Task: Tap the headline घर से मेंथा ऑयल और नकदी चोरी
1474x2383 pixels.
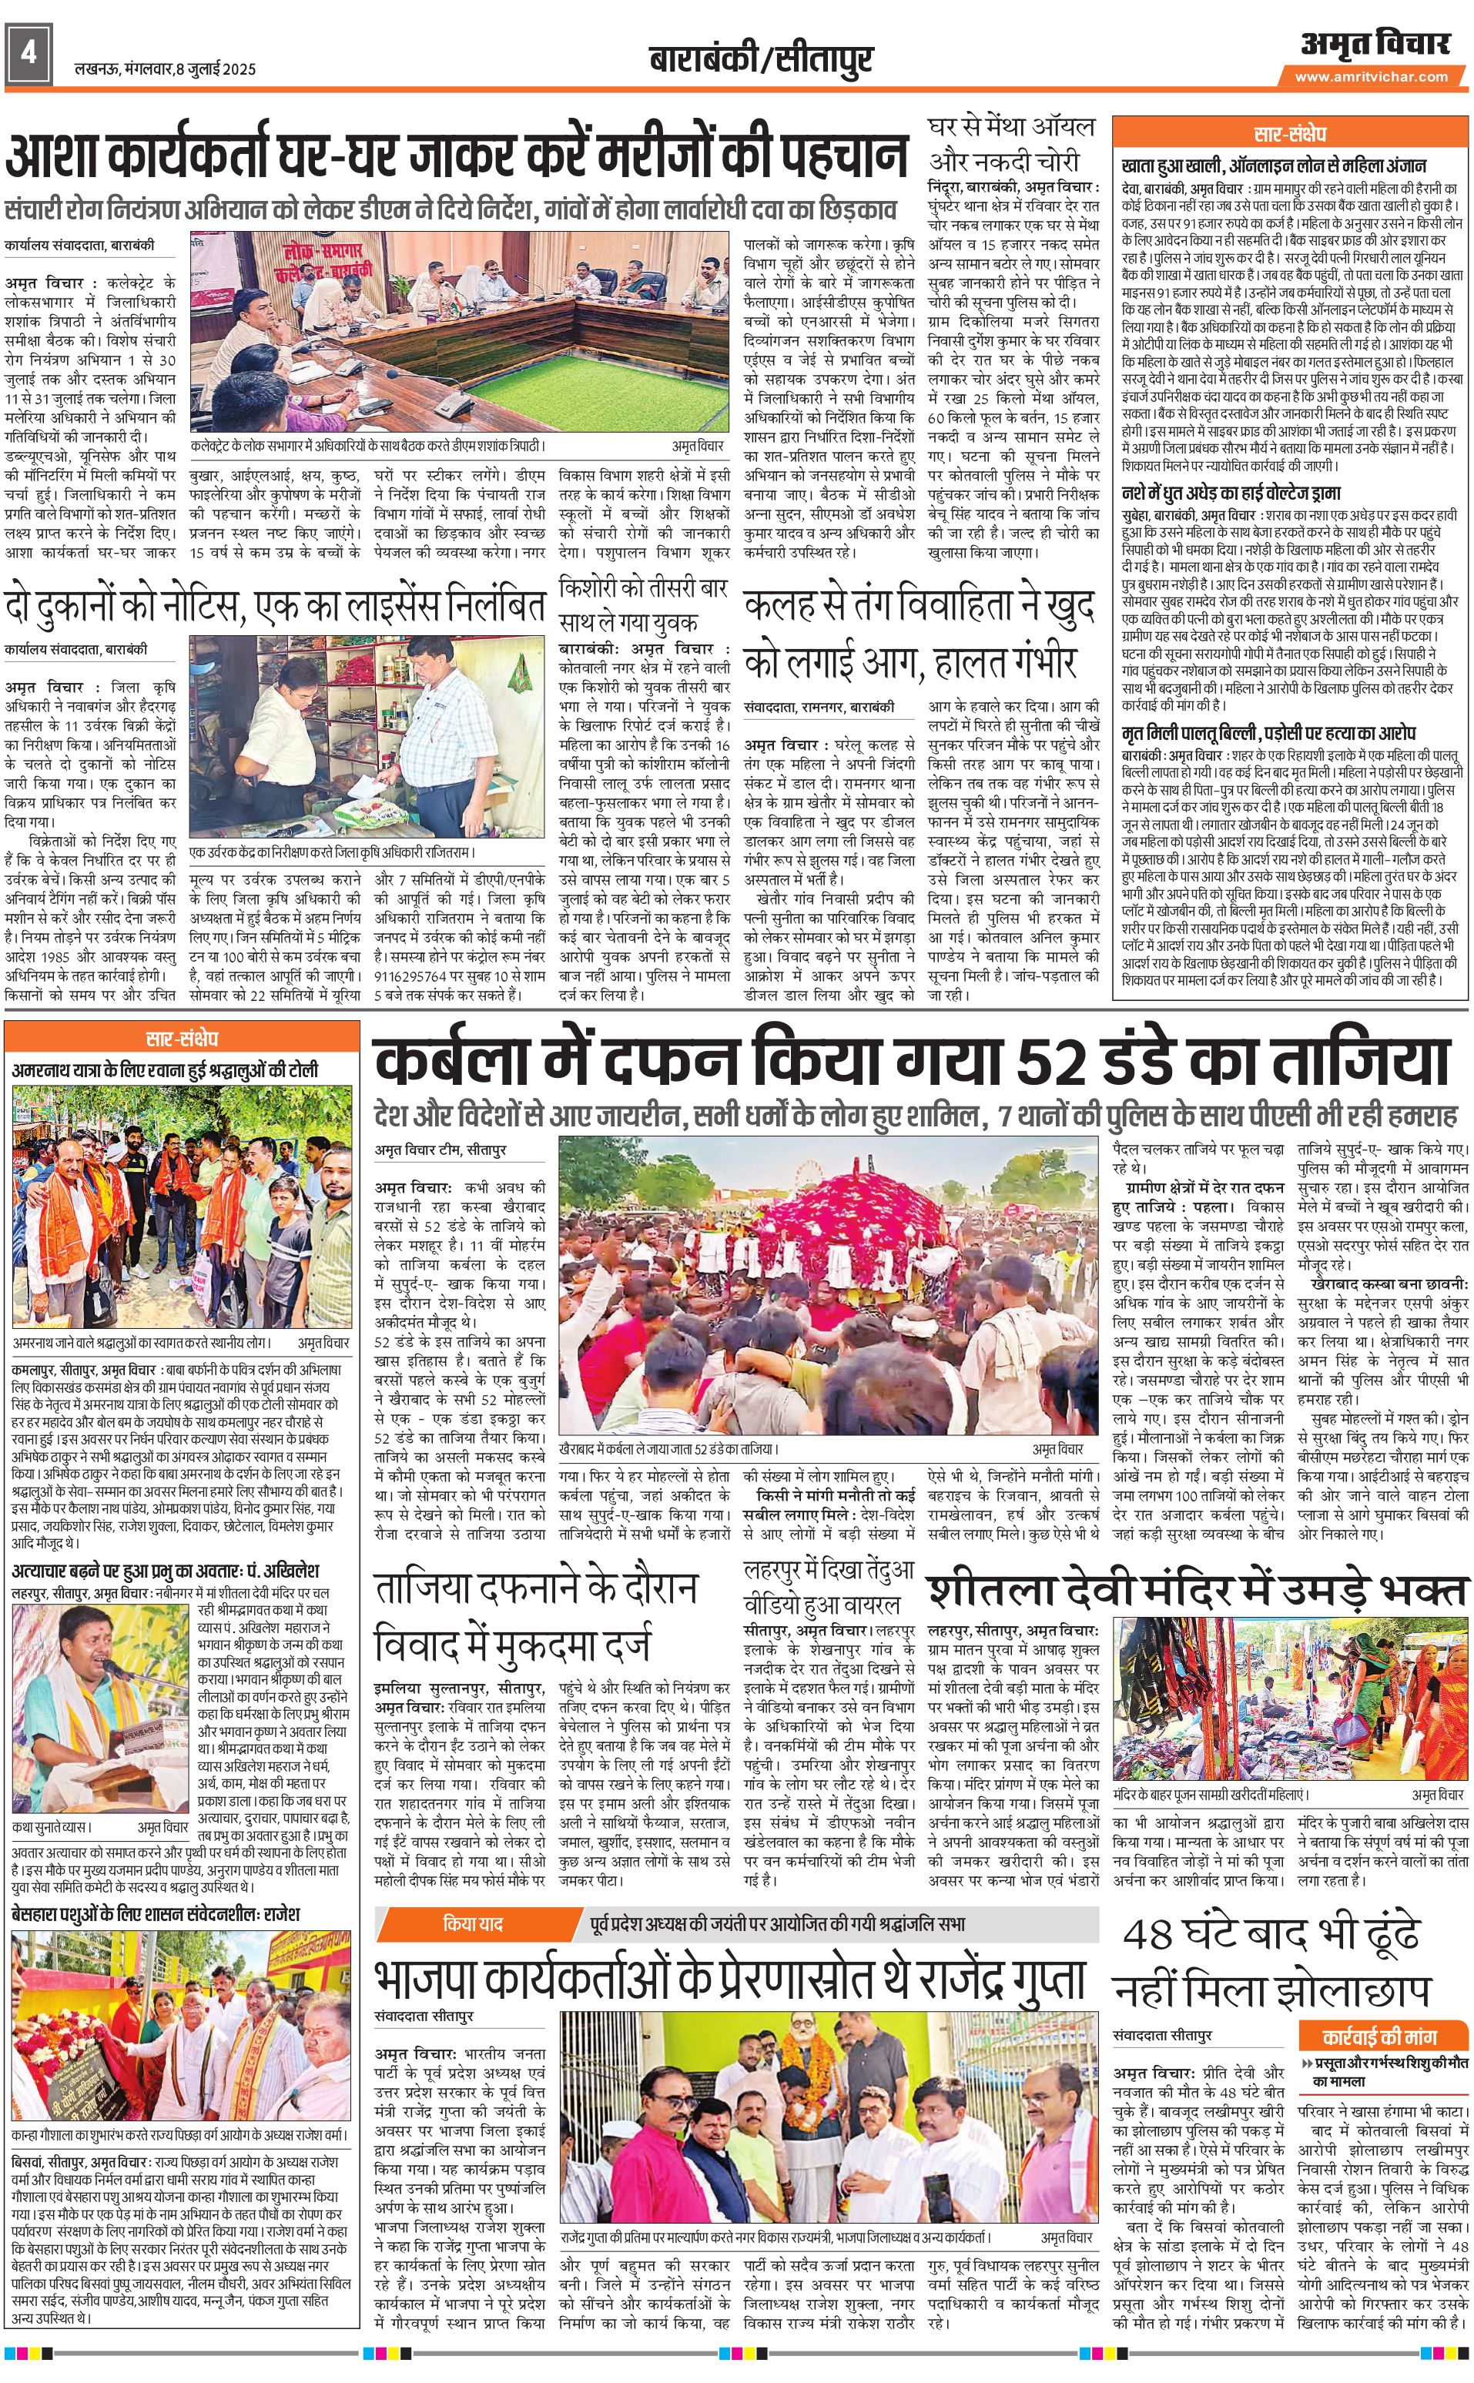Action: pos(1012,143)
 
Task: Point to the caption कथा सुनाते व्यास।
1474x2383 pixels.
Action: pos(51,1827)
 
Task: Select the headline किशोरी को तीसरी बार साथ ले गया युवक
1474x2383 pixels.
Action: pos(643,604)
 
